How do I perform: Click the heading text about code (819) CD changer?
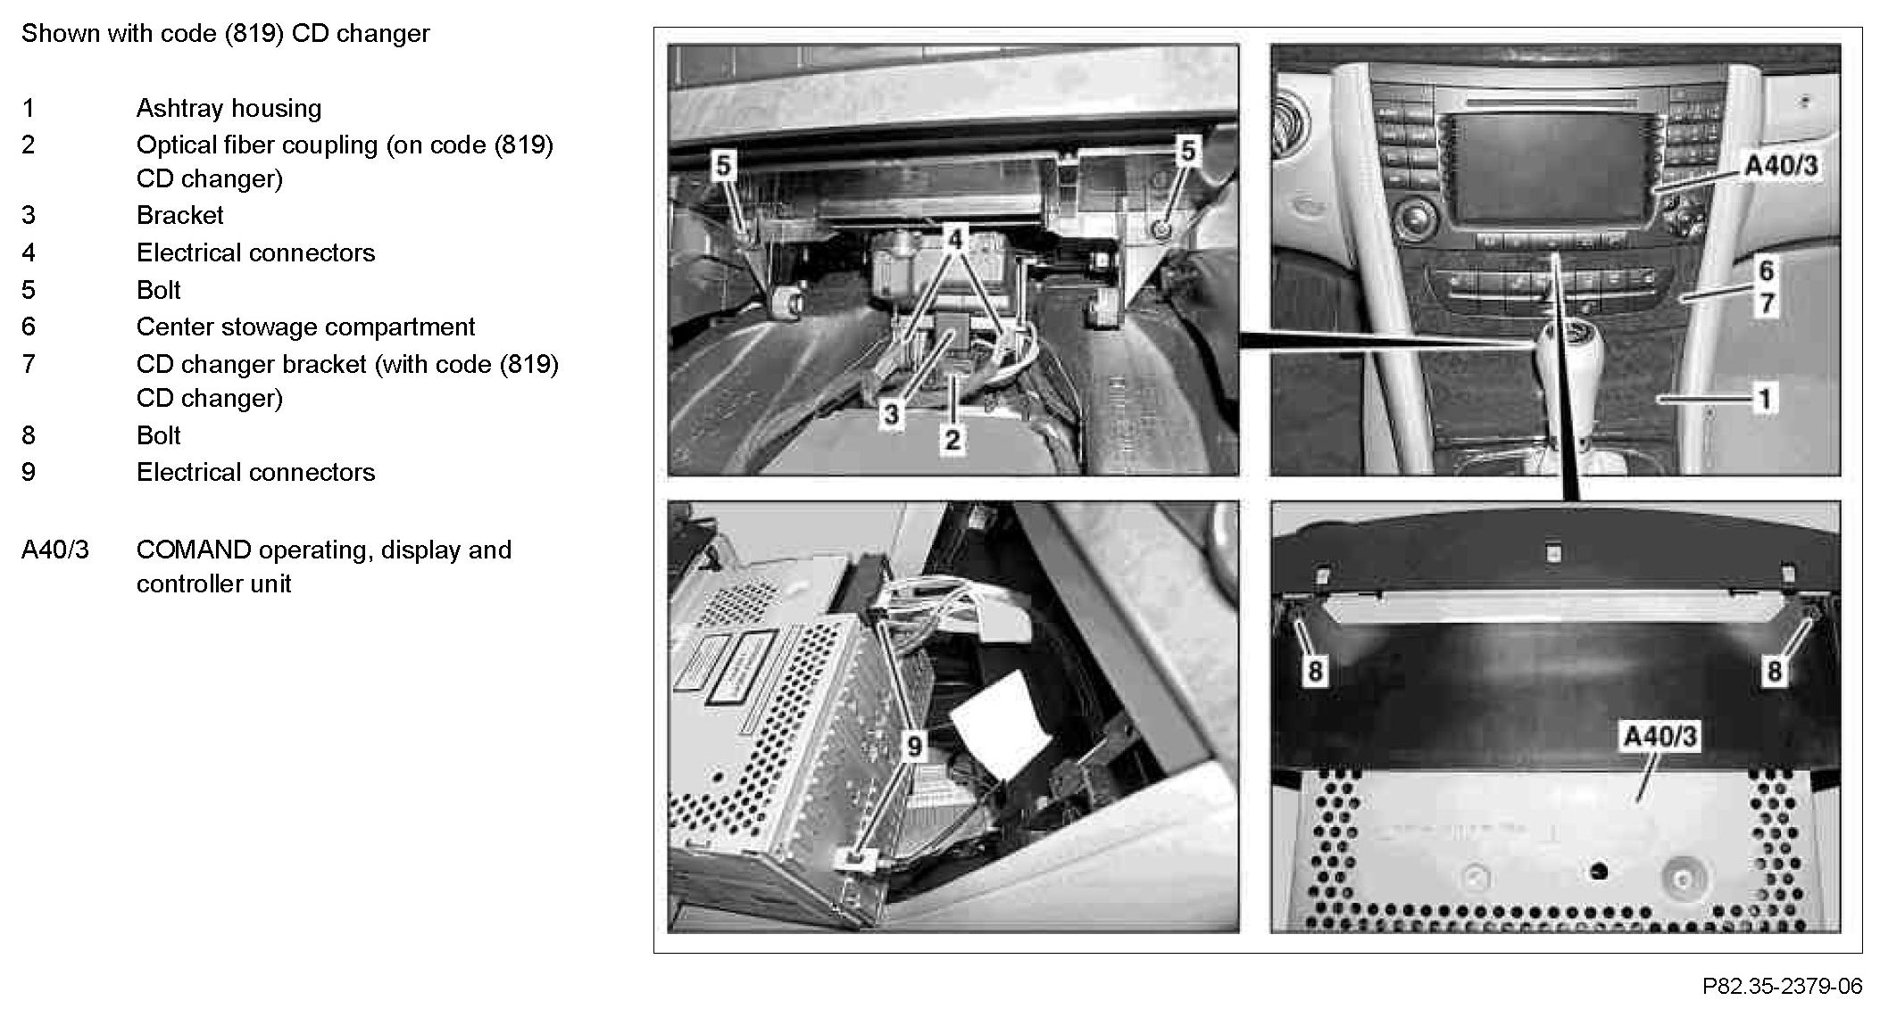pyautogui.click(x=226, y=34)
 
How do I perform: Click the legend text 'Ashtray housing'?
pyautogui.click(x=229, y=109)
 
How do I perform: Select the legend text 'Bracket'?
pyautogui.click(x=179, y=215)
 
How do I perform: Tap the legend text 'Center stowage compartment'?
pyautogui.click(x=305, y=327)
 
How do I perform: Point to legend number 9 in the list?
pyautogui.click(x=29, y=472)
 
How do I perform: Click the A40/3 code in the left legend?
pyautogui.click(x=55, y=550)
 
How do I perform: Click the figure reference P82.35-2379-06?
pyautogui.click(x=1782, y=986)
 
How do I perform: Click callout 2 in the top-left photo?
pyautogui.click(x=952, y=439)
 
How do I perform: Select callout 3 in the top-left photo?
pyautogui.click(x=891, y=414)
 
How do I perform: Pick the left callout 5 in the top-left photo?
pyautogui.click(x=723, y=165)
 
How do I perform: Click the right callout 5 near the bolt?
pyautogui.click(x=1186, y=152)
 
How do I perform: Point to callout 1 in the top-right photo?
pyautogui.click(x=1764, y=398)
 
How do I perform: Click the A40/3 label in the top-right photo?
pyautogui.click(x=1781, y=166)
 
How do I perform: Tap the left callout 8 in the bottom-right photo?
pyautogui.click(x=1314, y=671)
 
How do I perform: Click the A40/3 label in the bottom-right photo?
pyautogui.click(x=1660, y=737)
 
